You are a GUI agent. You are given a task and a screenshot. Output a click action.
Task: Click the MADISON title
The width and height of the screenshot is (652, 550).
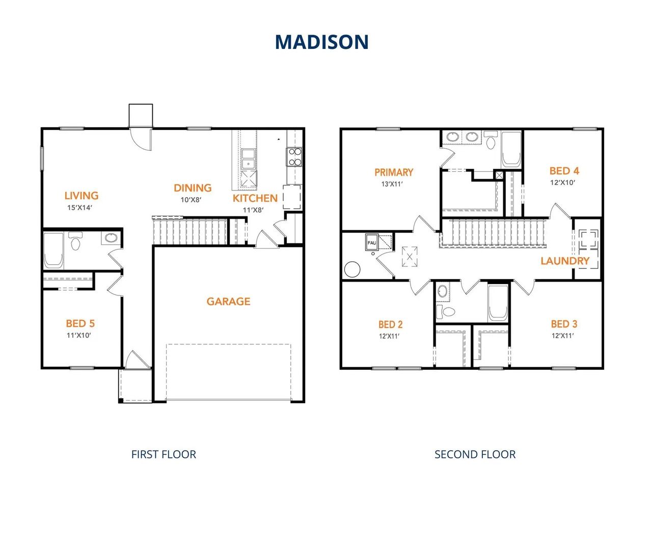(322, 42)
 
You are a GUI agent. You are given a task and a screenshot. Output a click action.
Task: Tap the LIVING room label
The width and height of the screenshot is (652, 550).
(81, 196)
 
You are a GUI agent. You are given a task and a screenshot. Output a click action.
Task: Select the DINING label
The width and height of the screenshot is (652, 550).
(193, 188)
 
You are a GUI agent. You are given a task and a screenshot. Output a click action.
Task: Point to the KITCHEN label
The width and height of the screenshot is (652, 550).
(255, 198)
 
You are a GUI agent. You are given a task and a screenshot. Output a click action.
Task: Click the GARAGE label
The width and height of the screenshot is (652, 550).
(228, 301)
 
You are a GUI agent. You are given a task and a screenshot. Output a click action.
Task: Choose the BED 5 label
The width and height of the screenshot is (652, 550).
(80, 323)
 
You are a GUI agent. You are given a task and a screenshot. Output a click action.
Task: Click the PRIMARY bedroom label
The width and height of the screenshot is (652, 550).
(394, 173)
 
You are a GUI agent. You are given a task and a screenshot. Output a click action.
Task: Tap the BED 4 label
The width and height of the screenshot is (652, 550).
(564, 171)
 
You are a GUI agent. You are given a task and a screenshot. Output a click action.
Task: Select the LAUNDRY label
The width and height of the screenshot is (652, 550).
(565, 261)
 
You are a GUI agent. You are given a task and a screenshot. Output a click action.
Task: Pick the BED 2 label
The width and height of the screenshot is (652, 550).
(391, 324)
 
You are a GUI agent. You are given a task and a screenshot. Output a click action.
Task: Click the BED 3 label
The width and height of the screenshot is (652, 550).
(564, 324)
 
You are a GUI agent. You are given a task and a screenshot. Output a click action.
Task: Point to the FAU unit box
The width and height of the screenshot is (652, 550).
(372, 242)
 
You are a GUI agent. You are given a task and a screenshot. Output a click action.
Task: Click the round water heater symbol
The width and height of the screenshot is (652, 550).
(352, 269)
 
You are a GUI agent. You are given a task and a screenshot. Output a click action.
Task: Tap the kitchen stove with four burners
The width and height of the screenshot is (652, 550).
(294, 157)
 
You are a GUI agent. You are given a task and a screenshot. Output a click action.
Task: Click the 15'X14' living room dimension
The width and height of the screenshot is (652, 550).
(79, 208)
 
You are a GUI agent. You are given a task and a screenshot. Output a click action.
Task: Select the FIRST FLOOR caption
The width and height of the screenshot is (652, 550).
(164, 454)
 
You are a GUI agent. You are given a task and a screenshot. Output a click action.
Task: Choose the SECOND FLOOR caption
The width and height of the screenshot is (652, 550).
(475, 454)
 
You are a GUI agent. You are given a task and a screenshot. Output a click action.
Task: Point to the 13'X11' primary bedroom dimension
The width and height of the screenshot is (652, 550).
(392, 184)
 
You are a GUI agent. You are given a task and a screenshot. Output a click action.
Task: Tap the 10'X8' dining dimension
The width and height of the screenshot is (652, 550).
(191, 200)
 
